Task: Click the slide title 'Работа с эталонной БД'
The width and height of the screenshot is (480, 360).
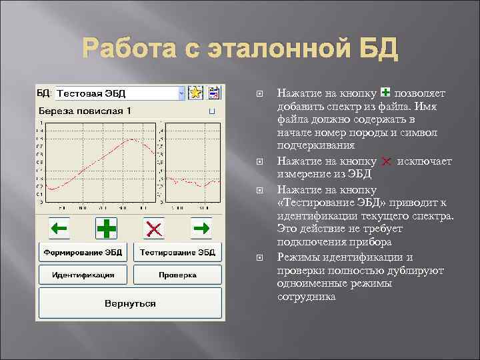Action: coord(240,49)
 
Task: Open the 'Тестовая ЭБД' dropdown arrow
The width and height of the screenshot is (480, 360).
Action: coord(181,94)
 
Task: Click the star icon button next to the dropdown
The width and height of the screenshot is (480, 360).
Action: coord(195,93)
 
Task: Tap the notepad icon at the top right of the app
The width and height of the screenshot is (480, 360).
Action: coord(214,93)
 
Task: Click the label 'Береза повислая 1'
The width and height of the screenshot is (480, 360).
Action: coord(85,110)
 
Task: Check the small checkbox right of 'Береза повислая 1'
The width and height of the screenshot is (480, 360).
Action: coord(211,111)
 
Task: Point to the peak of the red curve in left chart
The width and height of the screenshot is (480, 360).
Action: coord(133,139)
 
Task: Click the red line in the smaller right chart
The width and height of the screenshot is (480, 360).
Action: coord(193,181)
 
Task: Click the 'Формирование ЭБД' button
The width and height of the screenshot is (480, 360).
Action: coord(83,253)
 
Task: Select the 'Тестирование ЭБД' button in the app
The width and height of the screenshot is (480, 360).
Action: coord(177,253)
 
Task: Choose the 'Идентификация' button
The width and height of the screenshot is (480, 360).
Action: coord(83,275)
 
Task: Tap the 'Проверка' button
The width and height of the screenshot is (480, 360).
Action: coord(177,275)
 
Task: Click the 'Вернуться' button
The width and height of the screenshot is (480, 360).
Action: coord(130,303)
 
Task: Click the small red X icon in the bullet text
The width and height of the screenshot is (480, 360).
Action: coord(386,161)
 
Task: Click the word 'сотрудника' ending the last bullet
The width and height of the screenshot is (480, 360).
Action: coord(306,297)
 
